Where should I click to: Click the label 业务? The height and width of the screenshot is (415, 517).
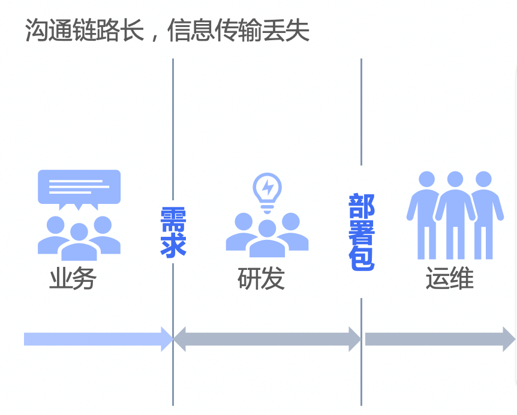point(73,279)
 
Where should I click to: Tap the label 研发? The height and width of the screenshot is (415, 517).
point(261,279)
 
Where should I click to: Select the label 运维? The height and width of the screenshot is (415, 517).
point(449,279)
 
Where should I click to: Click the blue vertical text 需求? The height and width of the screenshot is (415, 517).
point(173,232)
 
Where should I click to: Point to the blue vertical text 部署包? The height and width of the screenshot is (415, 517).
point(362,232)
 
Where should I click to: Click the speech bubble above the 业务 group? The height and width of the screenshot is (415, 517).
point(79,188)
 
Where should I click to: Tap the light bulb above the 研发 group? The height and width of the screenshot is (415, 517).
point(267,191)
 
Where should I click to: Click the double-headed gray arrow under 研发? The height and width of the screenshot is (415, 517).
point(267,339)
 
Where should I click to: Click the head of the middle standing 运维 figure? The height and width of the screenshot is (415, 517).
point(455,179)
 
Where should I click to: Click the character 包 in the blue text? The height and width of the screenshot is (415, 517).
point(362,257)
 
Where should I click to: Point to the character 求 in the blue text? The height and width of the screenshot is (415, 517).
point(173,245)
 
